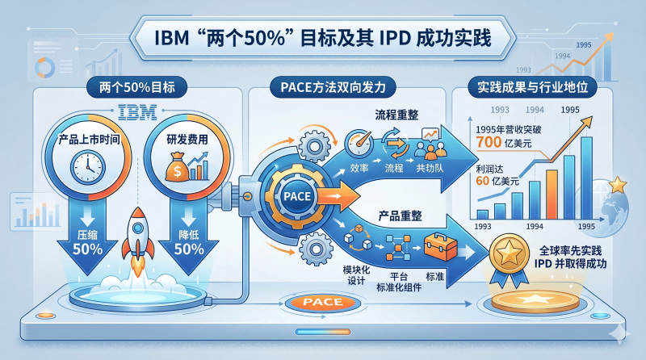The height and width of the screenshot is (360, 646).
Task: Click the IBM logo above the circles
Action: [x=137, y=112]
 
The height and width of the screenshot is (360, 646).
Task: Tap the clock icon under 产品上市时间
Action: [x=88, y=167]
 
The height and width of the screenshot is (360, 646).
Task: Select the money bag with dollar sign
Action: [x=177, y=167]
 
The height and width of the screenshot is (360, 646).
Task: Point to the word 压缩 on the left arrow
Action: [x=87, y=235]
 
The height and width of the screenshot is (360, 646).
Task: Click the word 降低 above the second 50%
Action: [x=189, y=235]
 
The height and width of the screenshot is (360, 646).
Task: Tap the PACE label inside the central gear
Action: [x=297, y=196]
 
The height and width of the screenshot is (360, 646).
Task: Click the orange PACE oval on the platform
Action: [x=322, y=303]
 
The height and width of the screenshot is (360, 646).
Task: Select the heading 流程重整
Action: [x=396, y=115]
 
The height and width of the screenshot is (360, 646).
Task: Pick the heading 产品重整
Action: [x=400, y=216]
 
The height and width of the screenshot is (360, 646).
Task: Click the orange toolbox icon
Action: [x=440, y=246]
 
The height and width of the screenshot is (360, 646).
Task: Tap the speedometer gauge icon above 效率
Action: [x=359, y=144]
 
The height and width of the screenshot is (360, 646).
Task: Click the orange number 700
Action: [x=489, y=142]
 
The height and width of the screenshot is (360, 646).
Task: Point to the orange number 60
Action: [x=482, y=181]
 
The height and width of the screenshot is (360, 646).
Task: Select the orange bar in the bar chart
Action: [x=552, y=195]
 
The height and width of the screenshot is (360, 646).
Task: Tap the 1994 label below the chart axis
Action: [x=535, y=226]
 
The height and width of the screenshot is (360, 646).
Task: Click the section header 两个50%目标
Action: [x=136, y=87]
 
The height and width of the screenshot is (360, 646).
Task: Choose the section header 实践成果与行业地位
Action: [x=532, y=87]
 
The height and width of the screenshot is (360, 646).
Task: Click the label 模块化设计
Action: [x=356, y=275]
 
